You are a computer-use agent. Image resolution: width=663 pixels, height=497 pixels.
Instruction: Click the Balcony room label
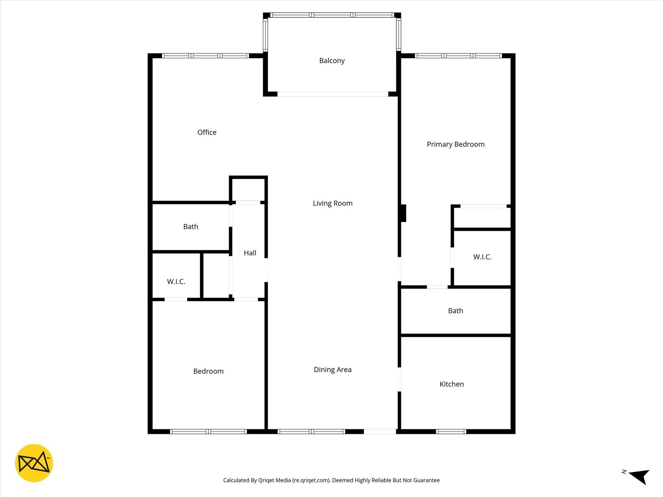[332, 61]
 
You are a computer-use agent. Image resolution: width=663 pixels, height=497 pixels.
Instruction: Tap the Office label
[207, 132]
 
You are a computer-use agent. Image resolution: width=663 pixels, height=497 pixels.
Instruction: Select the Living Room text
[332, 203]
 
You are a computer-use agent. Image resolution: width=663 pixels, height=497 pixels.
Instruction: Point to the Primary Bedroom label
[455, 144]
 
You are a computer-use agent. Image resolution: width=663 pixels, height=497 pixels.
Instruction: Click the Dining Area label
[332, 370]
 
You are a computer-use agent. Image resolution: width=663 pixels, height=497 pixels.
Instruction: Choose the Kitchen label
[452, 384]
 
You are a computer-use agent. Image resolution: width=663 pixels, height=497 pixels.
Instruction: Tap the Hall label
[250, 253]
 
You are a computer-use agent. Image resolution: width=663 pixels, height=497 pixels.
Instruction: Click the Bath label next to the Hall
[191, 226]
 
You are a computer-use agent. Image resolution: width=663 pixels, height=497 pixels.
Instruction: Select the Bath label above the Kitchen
[455, 311]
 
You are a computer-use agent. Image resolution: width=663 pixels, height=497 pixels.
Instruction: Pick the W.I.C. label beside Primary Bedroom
[482, 257]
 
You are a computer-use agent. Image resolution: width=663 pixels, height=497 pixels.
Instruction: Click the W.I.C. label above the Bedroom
[176, 282]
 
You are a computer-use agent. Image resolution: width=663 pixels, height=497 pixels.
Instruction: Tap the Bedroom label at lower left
[208, 371]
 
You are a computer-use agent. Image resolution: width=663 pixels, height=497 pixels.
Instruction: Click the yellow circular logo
[34, 463]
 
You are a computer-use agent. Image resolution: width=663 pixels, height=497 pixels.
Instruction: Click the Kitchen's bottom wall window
[451, 431]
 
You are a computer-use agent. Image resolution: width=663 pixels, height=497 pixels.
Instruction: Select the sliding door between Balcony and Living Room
[332, 94]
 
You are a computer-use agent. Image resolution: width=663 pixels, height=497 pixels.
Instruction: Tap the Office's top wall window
[205, 56]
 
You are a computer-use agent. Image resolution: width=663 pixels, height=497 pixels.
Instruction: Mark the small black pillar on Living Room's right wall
[403, 213]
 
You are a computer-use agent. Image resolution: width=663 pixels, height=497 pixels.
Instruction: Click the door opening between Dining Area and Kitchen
[399, 379]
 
